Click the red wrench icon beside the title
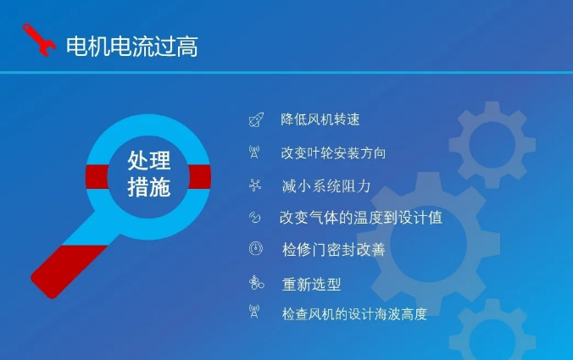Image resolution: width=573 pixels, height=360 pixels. pyautogui.click(x=39, y=40)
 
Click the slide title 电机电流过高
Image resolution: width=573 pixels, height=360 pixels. pyautogui.click(x=132, y=47)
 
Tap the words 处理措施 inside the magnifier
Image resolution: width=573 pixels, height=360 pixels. pyautogui.click(x=148, y=174)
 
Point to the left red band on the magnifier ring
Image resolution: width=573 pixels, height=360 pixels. pyautogui.click(x=97, y=177)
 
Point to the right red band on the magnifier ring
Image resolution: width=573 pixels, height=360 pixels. pyautogui.click(x=200, y=177)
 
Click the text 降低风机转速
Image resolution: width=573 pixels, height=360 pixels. pyautogui.click(x=320, y=119)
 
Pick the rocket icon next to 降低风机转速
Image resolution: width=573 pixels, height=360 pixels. pyautogui.click(x=256, y=119)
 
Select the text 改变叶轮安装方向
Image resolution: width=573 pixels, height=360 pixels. pyautogui.click(x=333, y=153)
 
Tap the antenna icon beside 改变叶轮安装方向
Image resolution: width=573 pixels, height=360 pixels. pyautogui.click(x=254, y=152)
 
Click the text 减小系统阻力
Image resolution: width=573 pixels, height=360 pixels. pyautogui.click(x=326, y=186)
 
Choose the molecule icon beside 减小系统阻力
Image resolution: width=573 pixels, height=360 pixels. pyautogui.click(x=255, y=186)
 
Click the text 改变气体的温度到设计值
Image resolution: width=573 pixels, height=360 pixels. pyautogui.click(x=361, y=218)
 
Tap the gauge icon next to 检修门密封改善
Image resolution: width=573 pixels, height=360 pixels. pyautogui.click(x=256, y=248)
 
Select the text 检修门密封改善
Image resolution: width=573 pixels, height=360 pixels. pyautogui.click(x=334, y=250)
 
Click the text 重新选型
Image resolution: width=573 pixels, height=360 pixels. pyautogui.click(x=311, y=284)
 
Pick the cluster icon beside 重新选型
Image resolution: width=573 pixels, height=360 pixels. pyautogui.click(x=256, y=282)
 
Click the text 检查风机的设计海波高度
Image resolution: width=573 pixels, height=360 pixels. pyautogui.click(x=354, y=314)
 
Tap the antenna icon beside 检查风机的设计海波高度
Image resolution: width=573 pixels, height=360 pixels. pyautogui.click(x=254, y=312)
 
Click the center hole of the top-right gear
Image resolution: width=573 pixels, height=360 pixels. pyautogui.click(x=492, y=145)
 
